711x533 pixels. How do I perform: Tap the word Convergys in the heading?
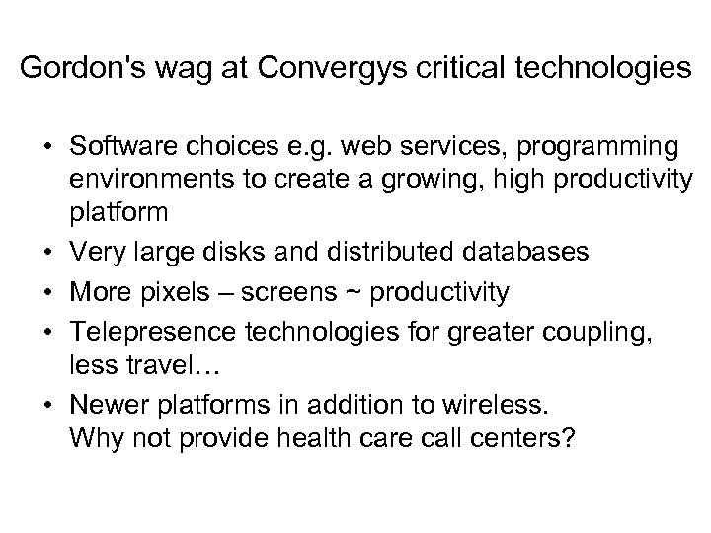[x=313, y=71]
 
